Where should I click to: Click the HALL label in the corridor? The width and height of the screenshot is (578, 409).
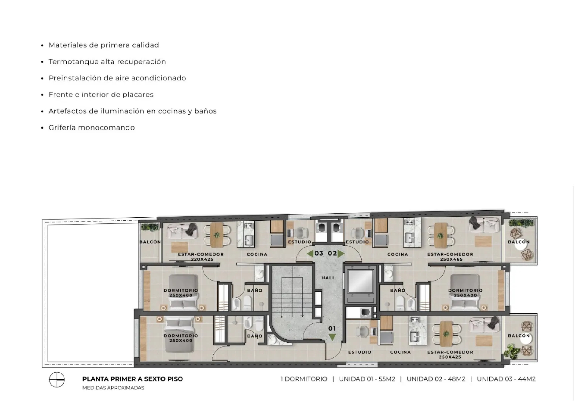click(x=328, y=278)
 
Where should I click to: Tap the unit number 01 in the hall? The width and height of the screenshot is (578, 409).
click(x=332, y=329)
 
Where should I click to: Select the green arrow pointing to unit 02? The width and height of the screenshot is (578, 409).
click(x=341, y=254)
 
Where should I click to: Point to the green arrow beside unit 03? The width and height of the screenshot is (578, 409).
click(x=310, y=254)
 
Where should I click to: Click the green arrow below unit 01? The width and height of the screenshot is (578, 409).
click(x=332, y=337)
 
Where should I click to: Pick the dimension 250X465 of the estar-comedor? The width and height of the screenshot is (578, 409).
click(x=451, y=259)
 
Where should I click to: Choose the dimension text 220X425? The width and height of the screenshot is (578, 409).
click(x=202, y=259)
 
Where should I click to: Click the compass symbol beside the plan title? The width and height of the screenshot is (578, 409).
click(x=57, y=379)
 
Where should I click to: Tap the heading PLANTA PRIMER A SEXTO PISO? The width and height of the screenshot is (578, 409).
click(x=133, y=379)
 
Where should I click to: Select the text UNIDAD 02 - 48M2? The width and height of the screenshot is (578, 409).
click(x=436, y=379)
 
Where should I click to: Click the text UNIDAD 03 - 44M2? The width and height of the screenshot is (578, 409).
click(x=506, y=379)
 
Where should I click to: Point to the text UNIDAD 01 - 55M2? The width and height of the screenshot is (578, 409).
click(x=367, y=379)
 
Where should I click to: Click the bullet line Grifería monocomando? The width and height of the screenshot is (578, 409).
click(x=92, y=128)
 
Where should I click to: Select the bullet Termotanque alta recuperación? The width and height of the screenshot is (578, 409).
click(x=107, y=62)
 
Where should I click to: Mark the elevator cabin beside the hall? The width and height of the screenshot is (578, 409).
click(x=360, y=281)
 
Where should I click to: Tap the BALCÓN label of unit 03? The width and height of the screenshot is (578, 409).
click(x=150, y=242)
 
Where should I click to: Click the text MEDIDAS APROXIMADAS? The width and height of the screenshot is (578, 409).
click(x=113, y=388)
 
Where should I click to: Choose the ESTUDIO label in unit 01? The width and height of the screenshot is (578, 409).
click(x=360, y=352)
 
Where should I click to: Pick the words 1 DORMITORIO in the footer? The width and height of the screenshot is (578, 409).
click(x=304, y=379)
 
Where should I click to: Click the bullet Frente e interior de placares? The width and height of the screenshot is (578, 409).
click(x=101, y=95)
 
